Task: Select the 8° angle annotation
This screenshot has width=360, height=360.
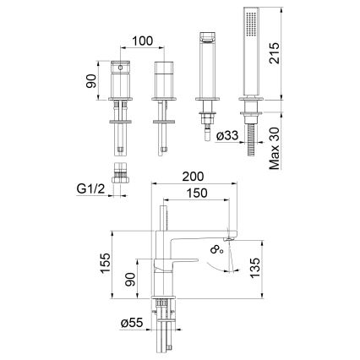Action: pyautogui.click(x=218, y=249)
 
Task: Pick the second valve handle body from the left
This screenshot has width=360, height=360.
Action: pyautogui.click(x=163, y=81)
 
